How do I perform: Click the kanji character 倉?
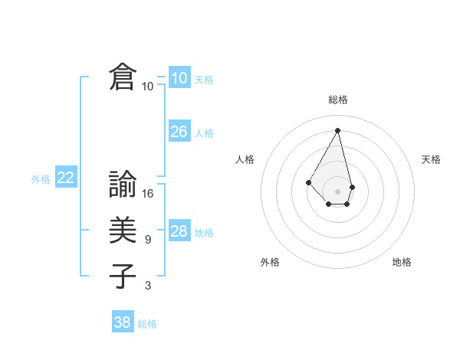[123, 77]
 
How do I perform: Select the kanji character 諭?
[123, 184]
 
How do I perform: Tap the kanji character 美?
[123, 230]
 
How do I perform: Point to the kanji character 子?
[123, 276]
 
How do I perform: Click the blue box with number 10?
[179, 78]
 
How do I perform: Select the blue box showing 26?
[179, 132]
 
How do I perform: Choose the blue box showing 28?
[179, 231]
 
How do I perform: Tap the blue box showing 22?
[65, 178]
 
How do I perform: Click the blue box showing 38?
[122, 322]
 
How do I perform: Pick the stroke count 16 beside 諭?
[148, 194]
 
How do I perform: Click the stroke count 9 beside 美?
[147, 240]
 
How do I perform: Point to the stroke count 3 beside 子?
[147, 286]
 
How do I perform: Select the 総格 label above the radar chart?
[338, 100]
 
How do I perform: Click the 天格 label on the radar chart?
[431, 159]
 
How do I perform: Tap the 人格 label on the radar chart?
[245, 159]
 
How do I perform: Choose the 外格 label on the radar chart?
[270, 262]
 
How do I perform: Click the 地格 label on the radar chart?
[402, 262]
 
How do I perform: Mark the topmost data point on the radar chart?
[338, 130]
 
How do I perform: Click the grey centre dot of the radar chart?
[338, 191]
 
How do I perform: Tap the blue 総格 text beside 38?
[147, 324]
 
